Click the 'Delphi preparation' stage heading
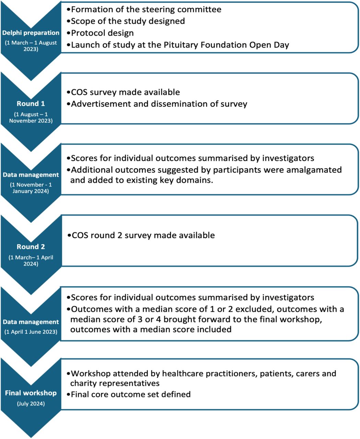tap(31, 33)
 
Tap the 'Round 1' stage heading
tap(31, 104)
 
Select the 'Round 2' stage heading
tap(31, 247)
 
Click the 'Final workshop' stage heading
tap(31, 393)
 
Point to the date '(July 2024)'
tap(31, 404)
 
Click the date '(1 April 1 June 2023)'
tap(31, 332)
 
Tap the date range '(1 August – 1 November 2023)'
tap(31, 118)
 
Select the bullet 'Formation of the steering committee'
tap(144, 10)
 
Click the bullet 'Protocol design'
tap(100, 33)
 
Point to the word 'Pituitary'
tap(181, 45)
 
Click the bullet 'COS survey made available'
tap(123, 92)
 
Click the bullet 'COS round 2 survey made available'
tap(141, 235)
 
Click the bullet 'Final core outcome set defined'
tap(129, 394)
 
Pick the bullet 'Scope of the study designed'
tap(126, 21)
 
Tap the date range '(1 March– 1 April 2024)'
tap(31, 261)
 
